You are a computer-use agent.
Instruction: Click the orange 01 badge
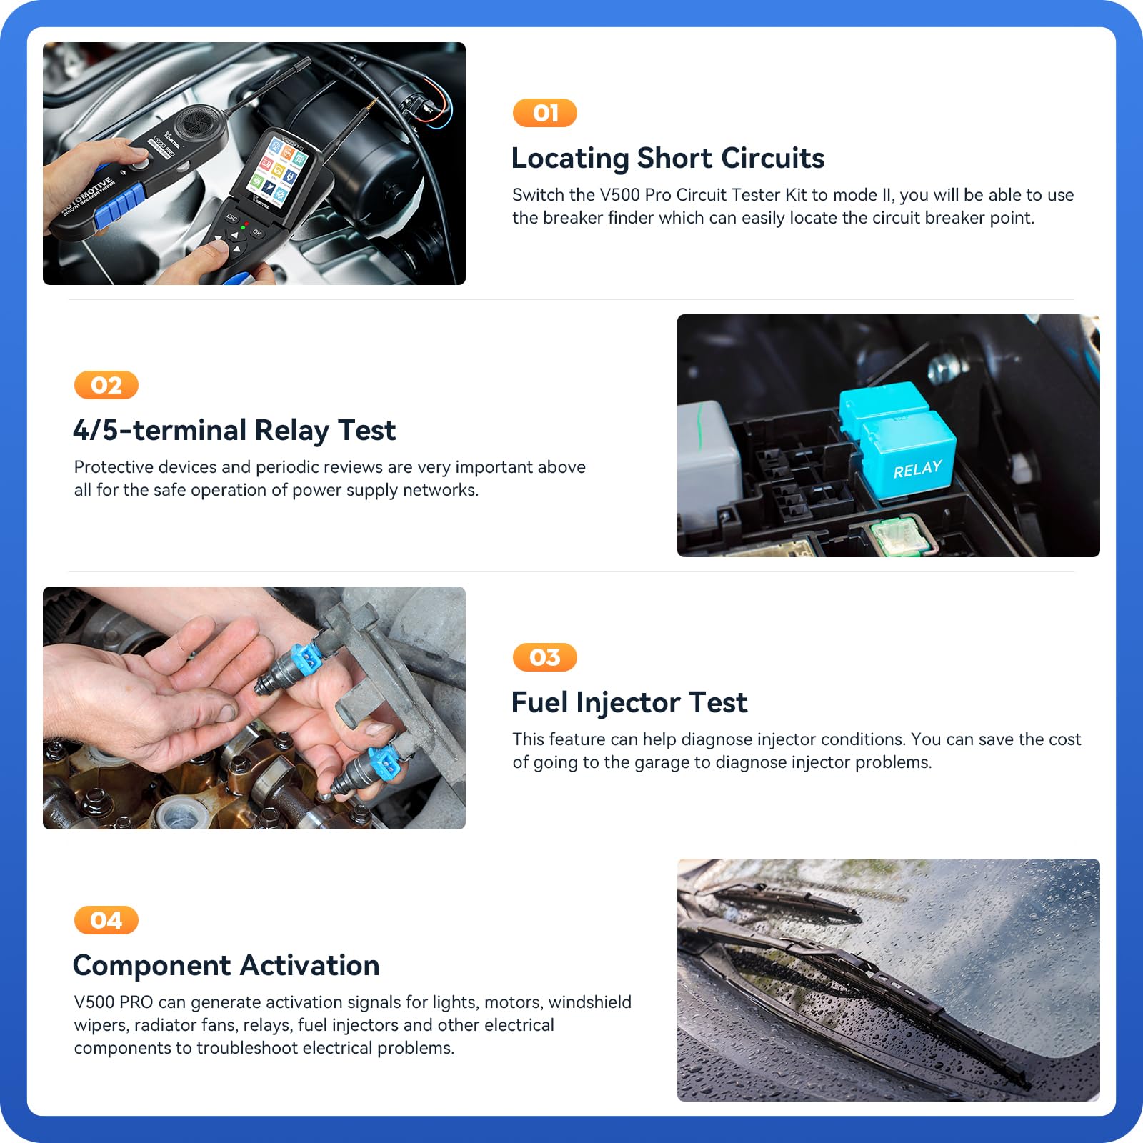pyautogui.click(x=544, y=113)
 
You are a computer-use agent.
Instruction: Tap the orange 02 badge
pyautogui.click(x=106, y=386)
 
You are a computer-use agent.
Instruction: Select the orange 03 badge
pyautogui.click(x=544, y=657)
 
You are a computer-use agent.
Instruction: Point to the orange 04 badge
pyautogui.click(x=106, y=920)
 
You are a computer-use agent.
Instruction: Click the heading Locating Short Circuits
pyautogui.click(x=667, y=159)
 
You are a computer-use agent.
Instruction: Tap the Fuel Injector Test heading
pyautogui.click(x=629, y=703)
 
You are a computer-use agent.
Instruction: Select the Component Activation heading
pyautogui.click(x=226, y=966)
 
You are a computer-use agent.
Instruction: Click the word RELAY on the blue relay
pyautogui.click(x=917, y=469)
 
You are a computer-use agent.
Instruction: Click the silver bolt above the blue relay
pyautogui.click(x=944, y=368)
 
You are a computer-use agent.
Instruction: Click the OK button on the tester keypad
pyautogui.click(x=257, y=233)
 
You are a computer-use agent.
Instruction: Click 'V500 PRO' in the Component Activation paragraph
pyautogui.click(x=114, y=1002)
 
